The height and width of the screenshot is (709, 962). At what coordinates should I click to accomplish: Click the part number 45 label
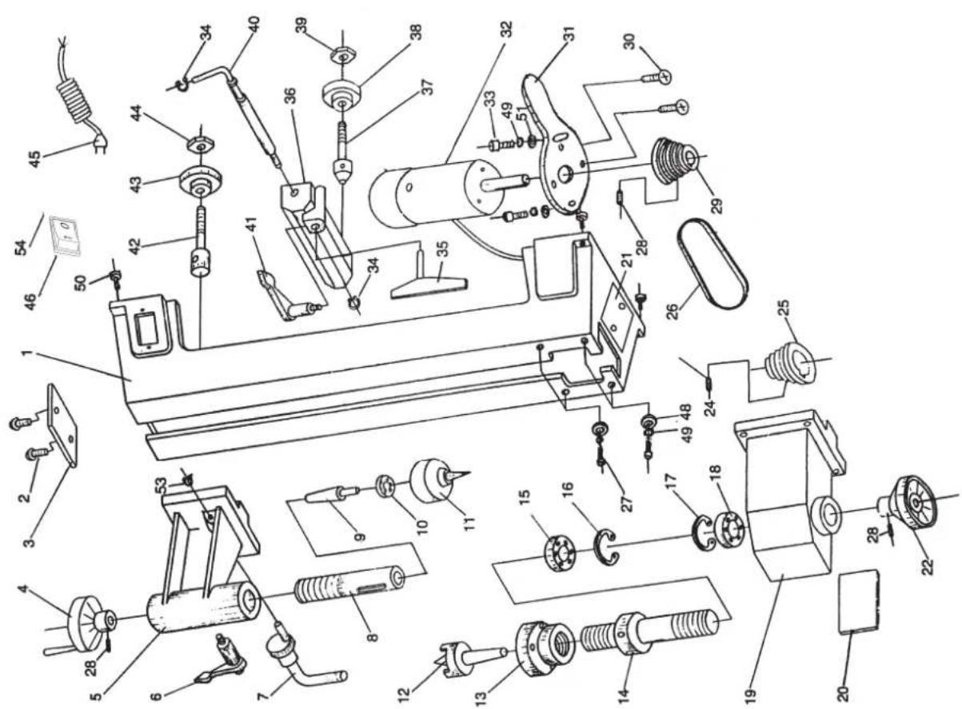point(36,159)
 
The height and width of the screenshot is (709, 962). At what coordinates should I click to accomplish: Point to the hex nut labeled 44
point(199,145)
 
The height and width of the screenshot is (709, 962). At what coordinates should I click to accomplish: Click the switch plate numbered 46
point(66,237)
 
